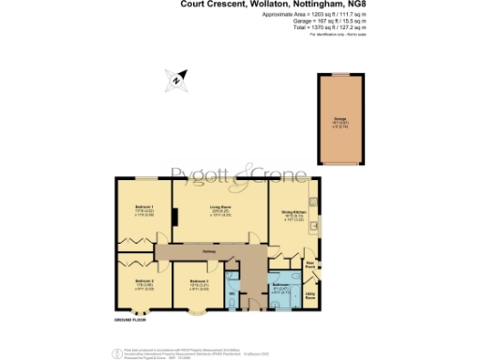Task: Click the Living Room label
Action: (x=219, y=210)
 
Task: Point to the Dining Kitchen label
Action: (x=293, y=210)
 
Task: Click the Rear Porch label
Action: (x=310, y=265)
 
